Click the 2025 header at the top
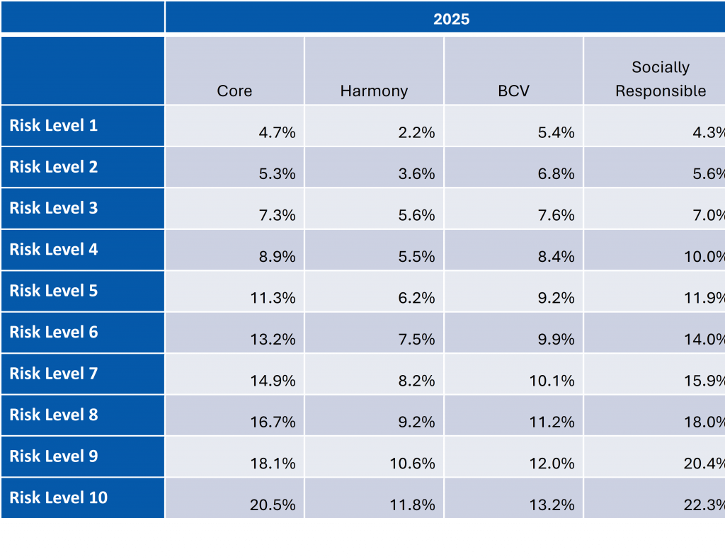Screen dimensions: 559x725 pos(451,19)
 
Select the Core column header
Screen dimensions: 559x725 pos(234,91)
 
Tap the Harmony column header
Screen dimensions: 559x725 pos(374,91)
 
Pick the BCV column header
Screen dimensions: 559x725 pos(514,91)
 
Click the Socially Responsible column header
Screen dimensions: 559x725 pos(660,79)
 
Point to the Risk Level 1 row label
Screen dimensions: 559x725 pos(54,126)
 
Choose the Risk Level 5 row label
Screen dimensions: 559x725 pos(54,291)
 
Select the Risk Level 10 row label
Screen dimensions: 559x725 pos(59,497)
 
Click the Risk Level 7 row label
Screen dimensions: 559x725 pos(54,374)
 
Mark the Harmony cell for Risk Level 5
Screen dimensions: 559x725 pos(416,298)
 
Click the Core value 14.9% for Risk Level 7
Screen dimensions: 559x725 pos(273,381)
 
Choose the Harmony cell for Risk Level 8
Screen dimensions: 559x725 pos(416,422)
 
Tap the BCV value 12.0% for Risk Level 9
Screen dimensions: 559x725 pos(552,463)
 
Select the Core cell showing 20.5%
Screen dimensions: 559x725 pos(273,505)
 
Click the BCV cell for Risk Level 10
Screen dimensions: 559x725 pos(552,505)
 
